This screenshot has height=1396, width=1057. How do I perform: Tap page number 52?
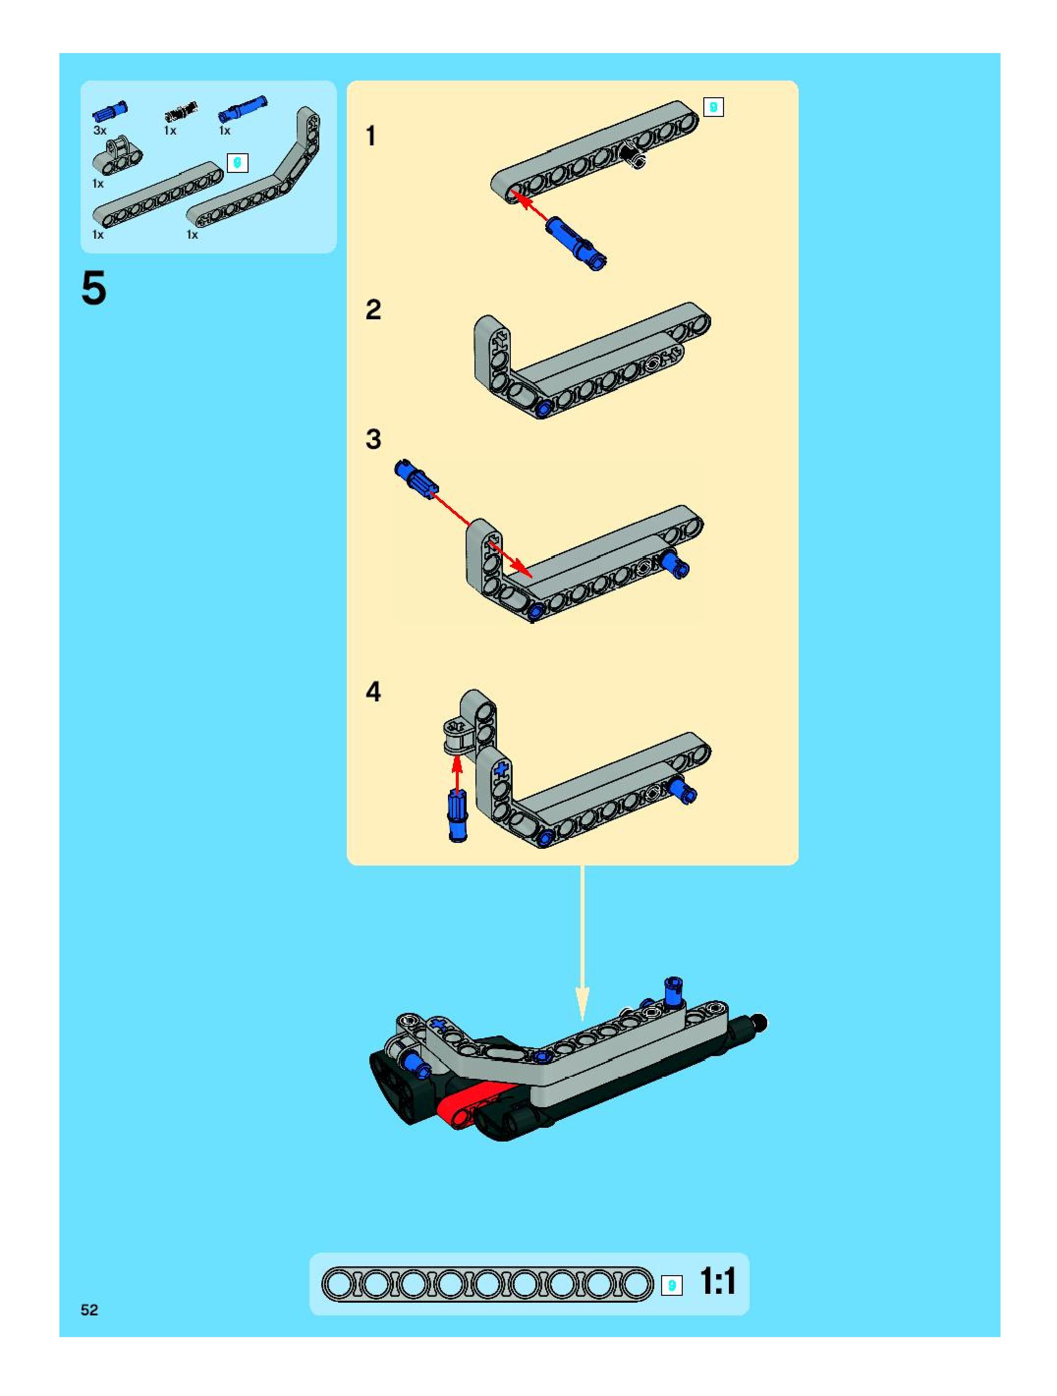click(x=89, y=1310)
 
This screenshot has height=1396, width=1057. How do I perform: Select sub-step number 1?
click(x=371, y=136)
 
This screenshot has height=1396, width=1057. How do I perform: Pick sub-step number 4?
click(x=374, y=692)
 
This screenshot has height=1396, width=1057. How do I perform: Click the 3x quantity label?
click(x=100, y=131)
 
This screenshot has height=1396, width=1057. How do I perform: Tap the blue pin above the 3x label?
click(x=110, y=111)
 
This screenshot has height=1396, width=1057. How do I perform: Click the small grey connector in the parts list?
click(x=118, y=156)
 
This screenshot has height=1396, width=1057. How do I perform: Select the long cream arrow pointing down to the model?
click(x=582, y=944)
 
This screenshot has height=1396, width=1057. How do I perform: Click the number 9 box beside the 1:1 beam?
click(x=671, y=1285)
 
